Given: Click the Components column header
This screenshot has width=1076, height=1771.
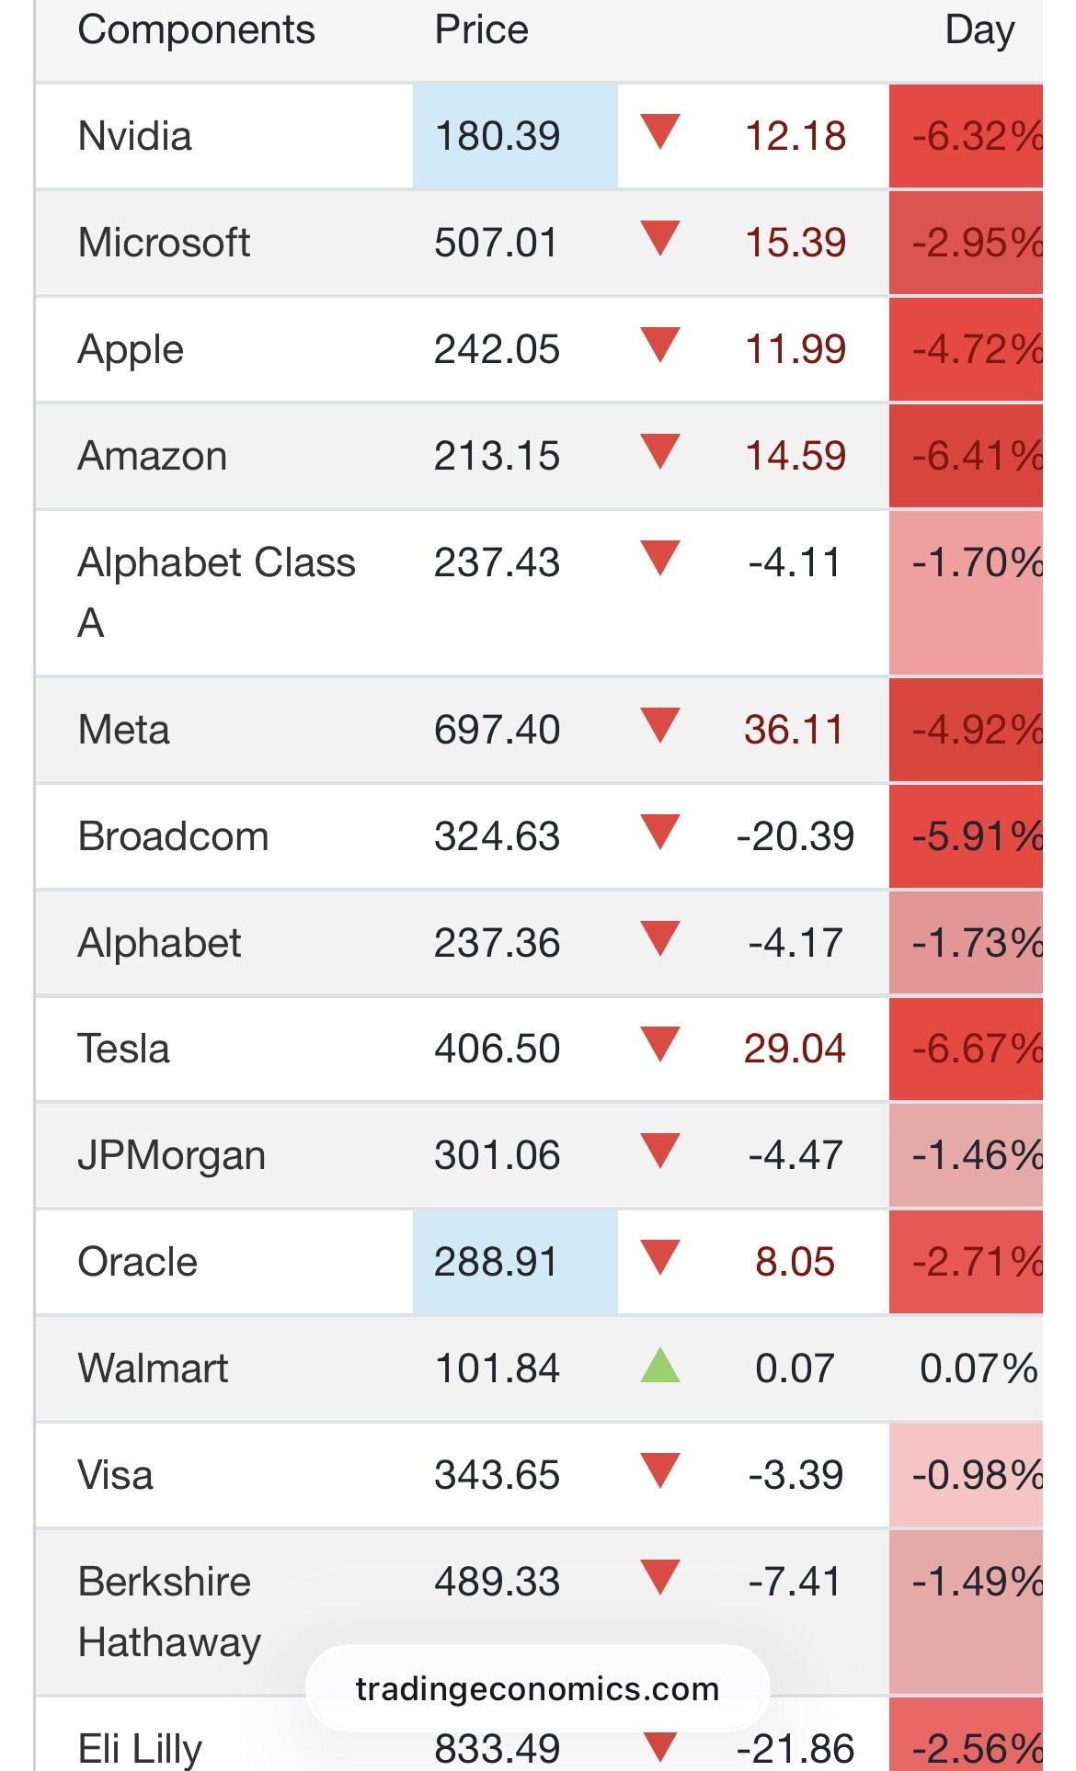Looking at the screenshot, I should (196, 30).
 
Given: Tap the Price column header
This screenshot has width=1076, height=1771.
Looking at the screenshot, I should (481, 30).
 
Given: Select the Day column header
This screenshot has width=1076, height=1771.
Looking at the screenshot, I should (979, 30).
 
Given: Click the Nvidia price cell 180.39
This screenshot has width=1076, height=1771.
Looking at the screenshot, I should (498, 136).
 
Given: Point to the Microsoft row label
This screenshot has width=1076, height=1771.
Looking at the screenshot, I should (164, 243).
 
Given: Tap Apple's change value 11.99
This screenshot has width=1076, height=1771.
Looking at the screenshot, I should (795, 349).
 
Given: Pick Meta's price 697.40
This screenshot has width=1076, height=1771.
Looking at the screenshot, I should (497, 731).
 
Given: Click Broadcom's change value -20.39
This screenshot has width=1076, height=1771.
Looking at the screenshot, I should (795, 836).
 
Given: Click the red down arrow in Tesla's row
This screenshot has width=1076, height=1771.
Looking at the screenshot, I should (660, 1044).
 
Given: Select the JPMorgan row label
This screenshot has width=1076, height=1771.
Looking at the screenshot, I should (172, 1155).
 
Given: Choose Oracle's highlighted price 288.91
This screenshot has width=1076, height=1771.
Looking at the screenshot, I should (497, 1262).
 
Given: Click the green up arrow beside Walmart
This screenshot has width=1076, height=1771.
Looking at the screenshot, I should (660, 1366).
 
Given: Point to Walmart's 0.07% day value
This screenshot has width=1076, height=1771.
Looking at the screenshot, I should (978, 1368).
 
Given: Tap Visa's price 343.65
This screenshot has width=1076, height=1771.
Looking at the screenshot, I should (497, 1475).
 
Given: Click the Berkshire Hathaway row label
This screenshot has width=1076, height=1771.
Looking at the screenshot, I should (170, 1611).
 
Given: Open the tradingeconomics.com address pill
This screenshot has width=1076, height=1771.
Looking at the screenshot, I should (537, 1688).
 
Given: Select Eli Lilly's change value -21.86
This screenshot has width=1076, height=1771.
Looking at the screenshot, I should (795, 1748).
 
